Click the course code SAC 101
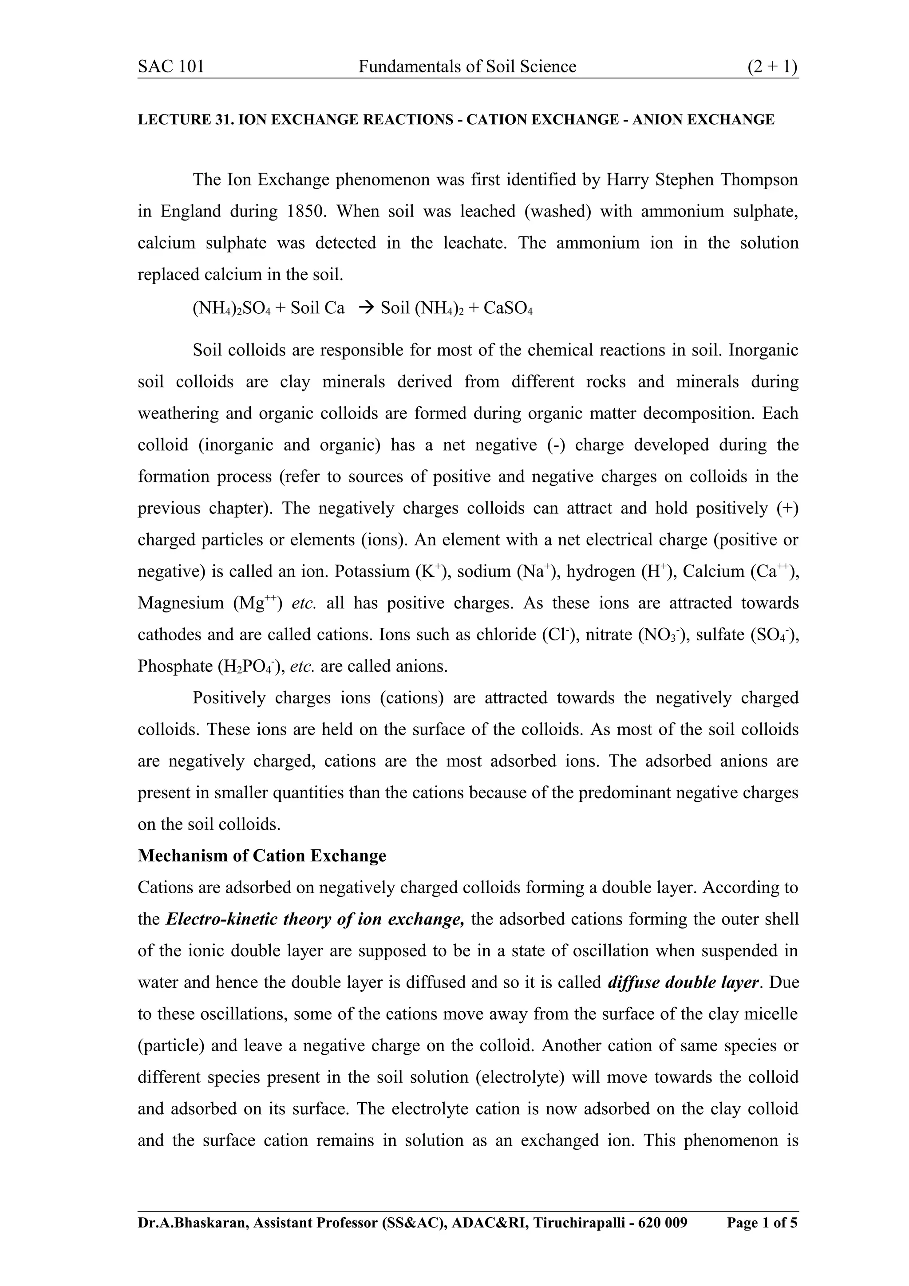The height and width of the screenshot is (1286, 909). click(171, 67)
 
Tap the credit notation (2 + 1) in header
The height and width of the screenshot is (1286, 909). click(772, 67)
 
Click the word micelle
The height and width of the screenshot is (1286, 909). click(770, 1014)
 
